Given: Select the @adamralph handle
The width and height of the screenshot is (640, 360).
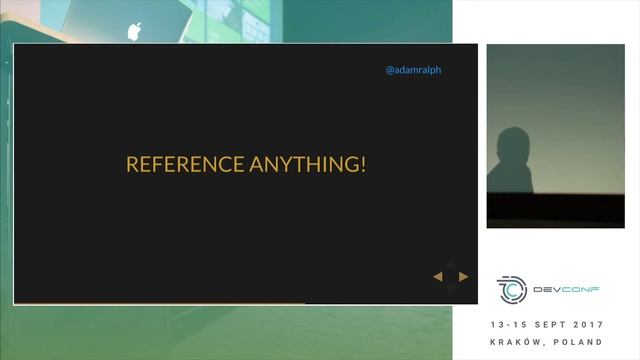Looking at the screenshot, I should [x=414, y=71].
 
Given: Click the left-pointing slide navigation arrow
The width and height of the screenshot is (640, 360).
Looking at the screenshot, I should [x=438, y=276].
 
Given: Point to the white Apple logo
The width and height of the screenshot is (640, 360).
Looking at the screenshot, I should [x=134, y=30].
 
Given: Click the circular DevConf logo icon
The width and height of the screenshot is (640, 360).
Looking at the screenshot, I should [x=512, y=289].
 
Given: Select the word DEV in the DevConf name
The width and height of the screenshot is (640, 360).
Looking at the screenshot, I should [x=548, y=289].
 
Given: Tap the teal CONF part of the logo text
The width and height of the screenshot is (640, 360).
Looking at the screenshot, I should [x=582, y=289].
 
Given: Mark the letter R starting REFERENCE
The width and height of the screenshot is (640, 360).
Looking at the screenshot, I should [x=131, y=164].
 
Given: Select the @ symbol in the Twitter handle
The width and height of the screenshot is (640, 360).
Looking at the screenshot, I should [x=390, y=71].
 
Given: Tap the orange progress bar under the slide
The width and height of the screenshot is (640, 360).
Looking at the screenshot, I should [x=160, y=302].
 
